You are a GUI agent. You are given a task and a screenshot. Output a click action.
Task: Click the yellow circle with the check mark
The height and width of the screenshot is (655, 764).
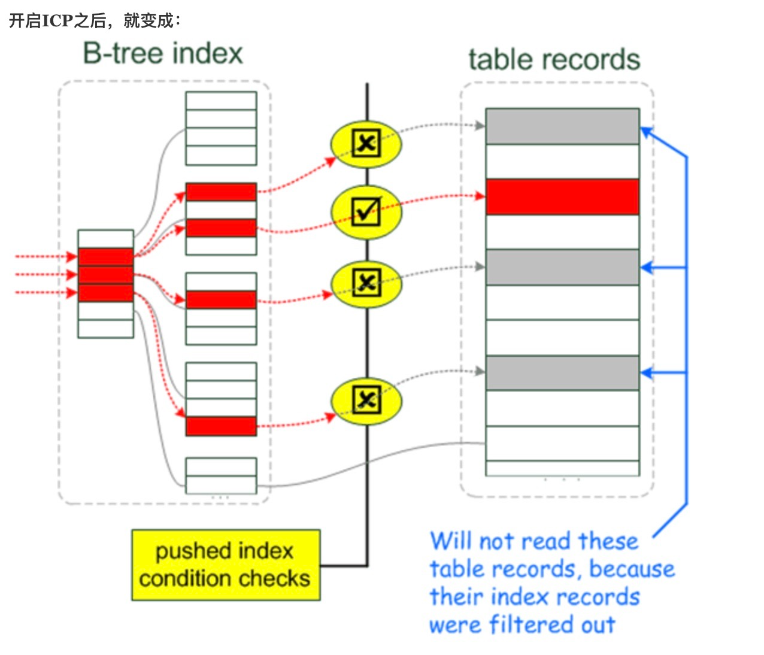coord(366,212)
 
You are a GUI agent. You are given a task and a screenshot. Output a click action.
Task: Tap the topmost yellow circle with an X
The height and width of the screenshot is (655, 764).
coord(366,144)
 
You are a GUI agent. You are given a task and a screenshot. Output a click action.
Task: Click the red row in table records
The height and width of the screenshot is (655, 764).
coord(562,197)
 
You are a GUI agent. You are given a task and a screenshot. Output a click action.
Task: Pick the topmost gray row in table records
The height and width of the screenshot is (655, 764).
coord(562,126)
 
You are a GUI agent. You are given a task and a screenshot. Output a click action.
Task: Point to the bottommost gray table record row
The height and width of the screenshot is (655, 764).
coord(562,373)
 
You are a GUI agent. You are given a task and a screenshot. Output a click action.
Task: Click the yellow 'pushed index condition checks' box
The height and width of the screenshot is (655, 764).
coord(226,565)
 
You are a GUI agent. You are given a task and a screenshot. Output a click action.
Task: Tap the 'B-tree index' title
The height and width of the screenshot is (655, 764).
coord(163,53)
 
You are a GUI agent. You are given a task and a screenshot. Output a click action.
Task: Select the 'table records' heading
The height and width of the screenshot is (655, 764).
coord(554,60)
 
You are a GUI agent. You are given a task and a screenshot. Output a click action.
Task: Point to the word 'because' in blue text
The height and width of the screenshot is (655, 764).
coord(632,569)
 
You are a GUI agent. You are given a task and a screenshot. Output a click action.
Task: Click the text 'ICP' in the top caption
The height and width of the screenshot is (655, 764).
coord(58,21)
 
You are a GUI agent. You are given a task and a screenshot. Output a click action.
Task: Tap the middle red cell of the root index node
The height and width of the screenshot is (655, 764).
coord(105,275)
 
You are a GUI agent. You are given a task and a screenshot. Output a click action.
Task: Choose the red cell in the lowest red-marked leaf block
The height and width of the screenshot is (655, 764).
coord(221,426)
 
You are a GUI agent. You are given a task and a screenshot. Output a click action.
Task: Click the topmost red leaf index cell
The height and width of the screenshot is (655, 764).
coord(221,192)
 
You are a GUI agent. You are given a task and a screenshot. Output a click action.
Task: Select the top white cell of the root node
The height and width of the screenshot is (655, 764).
coord(105,238)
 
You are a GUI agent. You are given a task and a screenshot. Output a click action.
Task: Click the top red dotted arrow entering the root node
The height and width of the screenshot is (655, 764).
coord(45,256)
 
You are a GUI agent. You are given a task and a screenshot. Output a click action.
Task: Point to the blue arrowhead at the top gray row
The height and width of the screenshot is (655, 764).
coord(645,131)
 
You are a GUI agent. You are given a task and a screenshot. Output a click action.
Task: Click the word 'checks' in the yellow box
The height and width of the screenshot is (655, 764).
coord(275,578)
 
